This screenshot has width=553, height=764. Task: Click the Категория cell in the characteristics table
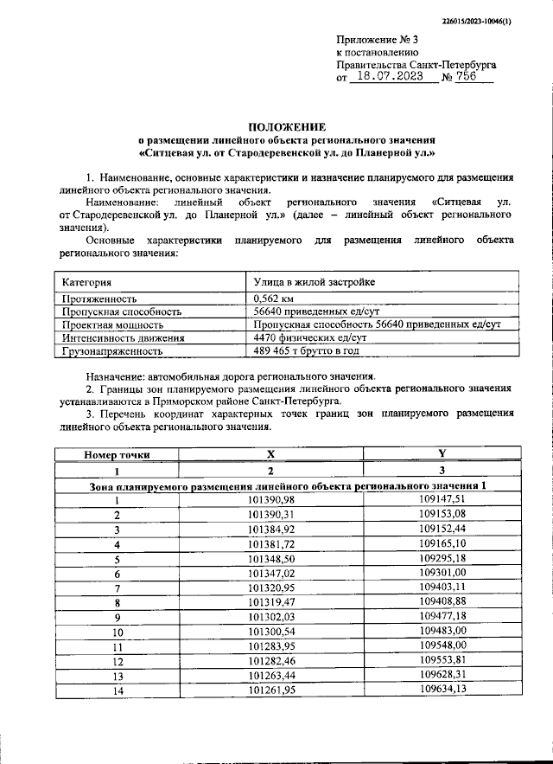point(87,282)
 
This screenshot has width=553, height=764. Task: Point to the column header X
point(270,454)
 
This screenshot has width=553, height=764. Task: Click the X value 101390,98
point(270,499)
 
